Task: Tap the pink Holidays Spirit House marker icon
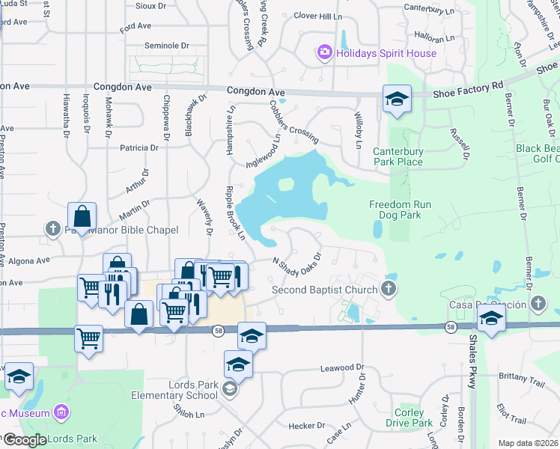[325, 52]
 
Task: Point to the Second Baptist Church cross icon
[388, 289]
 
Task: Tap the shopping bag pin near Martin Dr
[82, 218]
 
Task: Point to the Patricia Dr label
[135, 147]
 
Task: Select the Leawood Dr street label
[341, 367]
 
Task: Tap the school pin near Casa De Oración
[490, 318]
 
